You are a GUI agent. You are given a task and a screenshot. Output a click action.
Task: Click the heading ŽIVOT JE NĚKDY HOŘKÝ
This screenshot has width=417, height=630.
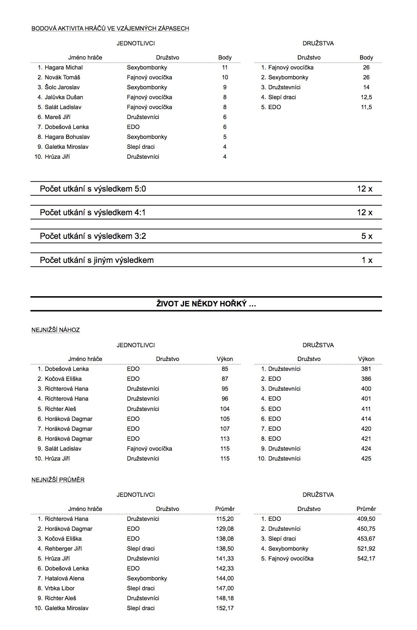(206, 304)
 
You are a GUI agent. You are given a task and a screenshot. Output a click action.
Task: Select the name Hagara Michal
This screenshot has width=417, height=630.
(63, 68)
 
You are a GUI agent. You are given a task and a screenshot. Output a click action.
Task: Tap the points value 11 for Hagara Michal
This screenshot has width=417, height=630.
(225, 68)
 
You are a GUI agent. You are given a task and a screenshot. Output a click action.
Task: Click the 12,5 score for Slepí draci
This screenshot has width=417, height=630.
(366, 97)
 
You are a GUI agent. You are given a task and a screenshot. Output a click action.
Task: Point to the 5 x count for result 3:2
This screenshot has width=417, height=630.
(367, 236)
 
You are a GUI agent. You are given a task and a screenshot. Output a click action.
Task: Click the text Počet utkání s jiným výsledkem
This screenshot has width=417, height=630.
(97, 260)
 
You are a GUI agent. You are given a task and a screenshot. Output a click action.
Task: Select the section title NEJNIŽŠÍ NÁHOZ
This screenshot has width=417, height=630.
(55, 330)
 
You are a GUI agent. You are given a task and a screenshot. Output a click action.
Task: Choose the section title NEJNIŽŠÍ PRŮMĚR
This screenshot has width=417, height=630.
(58, 480)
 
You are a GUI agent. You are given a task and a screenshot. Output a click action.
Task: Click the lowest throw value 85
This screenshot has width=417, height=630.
(225, 369)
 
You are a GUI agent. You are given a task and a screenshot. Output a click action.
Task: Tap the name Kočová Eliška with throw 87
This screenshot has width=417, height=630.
(63, 379)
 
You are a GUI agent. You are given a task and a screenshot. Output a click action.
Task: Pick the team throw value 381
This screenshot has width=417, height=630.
(366, 369)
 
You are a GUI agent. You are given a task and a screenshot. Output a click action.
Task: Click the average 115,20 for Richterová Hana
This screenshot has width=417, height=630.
(225, 519)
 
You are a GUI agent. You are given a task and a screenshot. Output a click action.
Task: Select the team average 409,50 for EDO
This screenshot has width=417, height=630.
(366, 519)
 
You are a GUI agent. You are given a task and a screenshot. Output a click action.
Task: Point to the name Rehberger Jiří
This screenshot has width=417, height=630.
(63, 549)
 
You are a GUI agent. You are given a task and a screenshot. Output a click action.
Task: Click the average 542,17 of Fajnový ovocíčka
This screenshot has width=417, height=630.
(366, 559)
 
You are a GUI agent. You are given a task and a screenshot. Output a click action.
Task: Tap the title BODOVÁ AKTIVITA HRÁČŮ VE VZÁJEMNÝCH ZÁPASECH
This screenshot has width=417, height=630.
(110, 29)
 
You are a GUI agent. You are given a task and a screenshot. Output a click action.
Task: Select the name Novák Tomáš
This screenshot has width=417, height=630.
(62, 77)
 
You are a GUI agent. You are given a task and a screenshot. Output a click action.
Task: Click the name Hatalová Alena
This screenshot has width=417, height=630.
(64, 578)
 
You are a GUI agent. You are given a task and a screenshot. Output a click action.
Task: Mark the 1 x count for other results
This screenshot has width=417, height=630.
(367, 260)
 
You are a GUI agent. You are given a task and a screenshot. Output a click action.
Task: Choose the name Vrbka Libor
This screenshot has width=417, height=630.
(60, 588)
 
